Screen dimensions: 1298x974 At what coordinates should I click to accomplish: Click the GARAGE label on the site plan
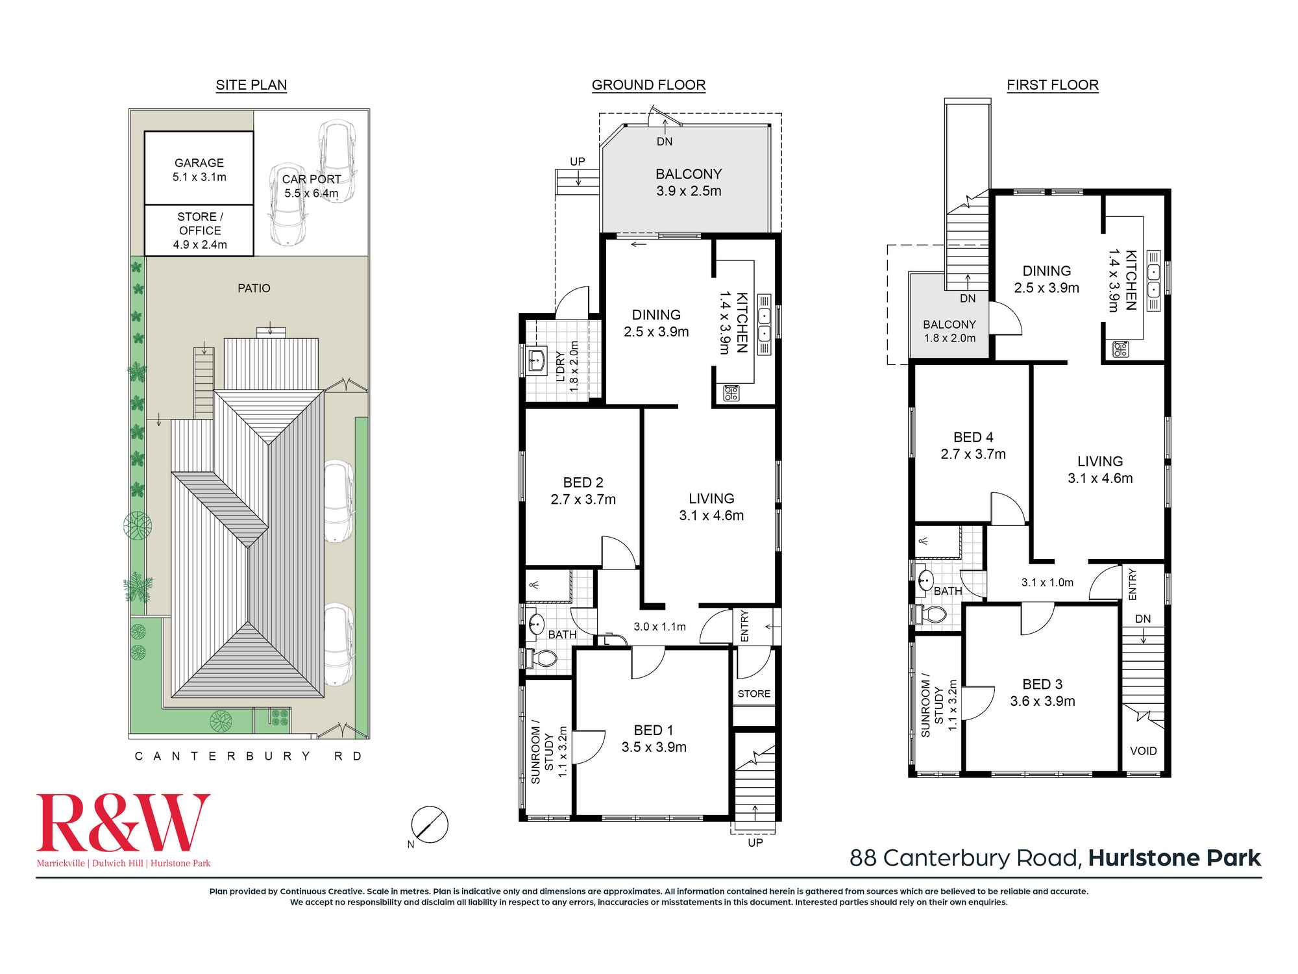point(199,163)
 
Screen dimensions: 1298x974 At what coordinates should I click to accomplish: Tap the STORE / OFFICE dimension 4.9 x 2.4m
point(200,245)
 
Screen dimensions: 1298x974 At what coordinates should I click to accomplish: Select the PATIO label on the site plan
point(254,288)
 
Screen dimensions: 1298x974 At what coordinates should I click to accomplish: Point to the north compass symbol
point(430,825)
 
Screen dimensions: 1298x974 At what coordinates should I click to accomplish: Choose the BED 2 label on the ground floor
point(583,482)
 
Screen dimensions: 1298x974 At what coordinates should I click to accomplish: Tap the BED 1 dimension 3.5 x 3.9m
point(654,747)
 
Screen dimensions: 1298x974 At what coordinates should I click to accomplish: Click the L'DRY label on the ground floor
point(561,367)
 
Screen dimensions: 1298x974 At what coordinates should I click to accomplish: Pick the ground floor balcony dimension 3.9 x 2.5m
point(689,191)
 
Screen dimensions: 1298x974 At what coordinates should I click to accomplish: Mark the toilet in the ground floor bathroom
point(541,658)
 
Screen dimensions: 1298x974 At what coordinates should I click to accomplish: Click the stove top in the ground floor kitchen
point(731,393)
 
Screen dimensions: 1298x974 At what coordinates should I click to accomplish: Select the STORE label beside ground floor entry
point(754,693)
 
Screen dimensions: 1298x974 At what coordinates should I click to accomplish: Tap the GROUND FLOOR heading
point(648,85)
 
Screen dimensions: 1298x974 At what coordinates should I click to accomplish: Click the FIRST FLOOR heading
point(1053,85)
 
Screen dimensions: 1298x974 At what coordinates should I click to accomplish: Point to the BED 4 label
point(973,438)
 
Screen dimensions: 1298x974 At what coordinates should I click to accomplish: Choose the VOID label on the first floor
point(1144,751)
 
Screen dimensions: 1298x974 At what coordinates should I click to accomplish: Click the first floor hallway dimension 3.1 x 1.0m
point(1047,582)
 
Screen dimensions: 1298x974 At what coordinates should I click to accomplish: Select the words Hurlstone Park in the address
point(1175,858)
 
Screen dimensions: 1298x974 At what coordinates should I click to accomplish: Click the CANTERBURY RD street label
point(249,756)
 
